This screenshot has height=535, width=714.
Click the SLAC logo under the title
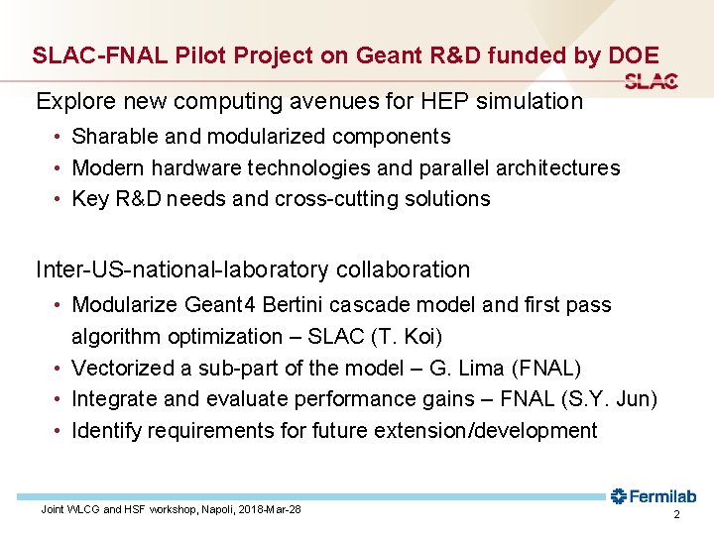652,82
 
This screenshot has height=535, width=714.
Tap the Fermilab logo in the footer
654,496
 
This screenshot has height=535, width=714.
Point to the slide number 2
676,516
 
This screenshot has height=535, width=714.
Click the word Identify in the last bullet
107,431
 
